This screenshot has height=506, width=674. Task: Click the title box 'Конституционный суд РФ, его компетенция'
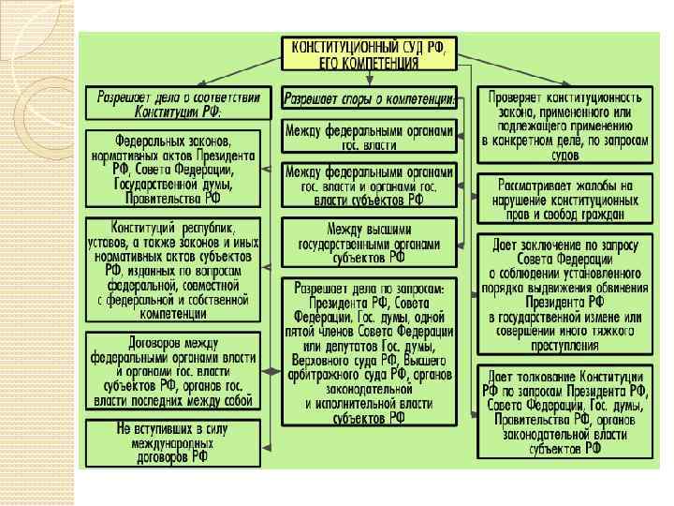[x=370, y=53]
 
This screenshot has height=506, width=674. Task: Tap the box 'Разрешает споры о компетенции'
[x=370, y=98]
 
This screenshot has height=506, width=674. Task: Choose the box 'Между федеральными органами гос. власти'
[x=370, y=137]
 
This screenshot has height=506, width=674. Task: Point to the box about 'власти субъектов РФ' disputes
[x=370, y=186]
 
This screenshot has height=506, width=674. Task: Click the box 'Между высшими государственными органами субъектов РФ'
[x=370, y=243]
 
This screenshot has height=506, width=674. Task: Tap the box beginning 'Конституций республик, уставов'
[x=173, y=269]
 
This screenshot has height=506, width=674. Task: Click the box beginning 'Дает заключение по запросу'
[x=562, y=293]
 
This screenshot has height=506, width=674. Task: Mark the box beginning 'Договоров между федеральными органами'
[x=173, y=369]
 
